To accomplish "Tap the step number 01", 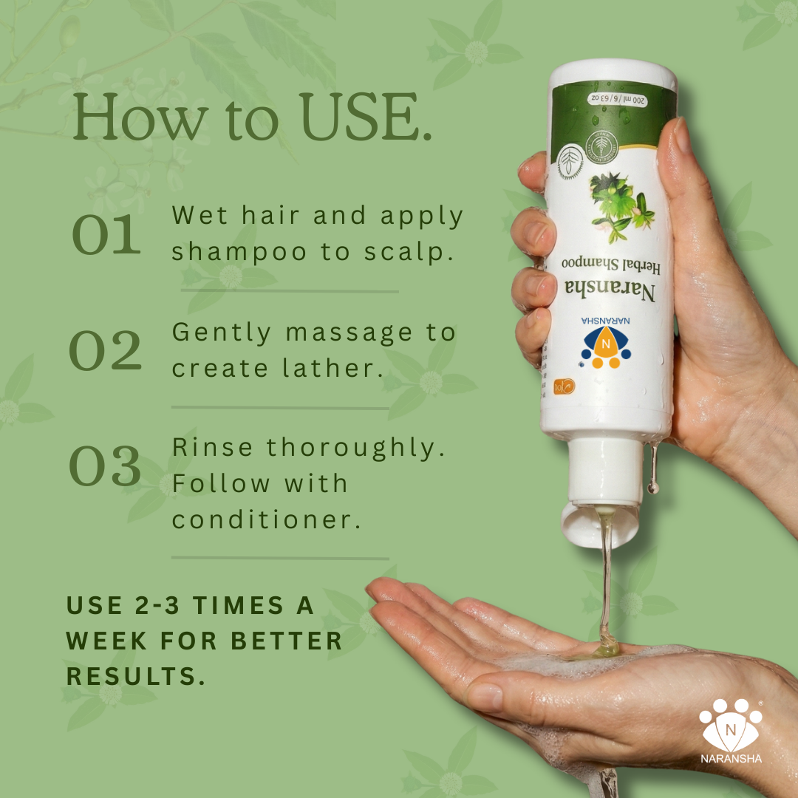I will [x=106, y=235].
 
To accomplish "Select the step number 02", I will [x=105, y=351].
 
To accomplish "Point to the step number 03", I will [x=105, y=466].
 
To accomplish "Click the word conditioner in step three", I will [x=267, y=519].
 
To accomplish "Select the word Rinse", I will [x=213, y=448].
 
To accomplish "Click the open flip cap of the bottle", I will [x=598, y=522].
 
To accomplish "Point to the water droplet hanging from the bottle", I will [x=653, y=484].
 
